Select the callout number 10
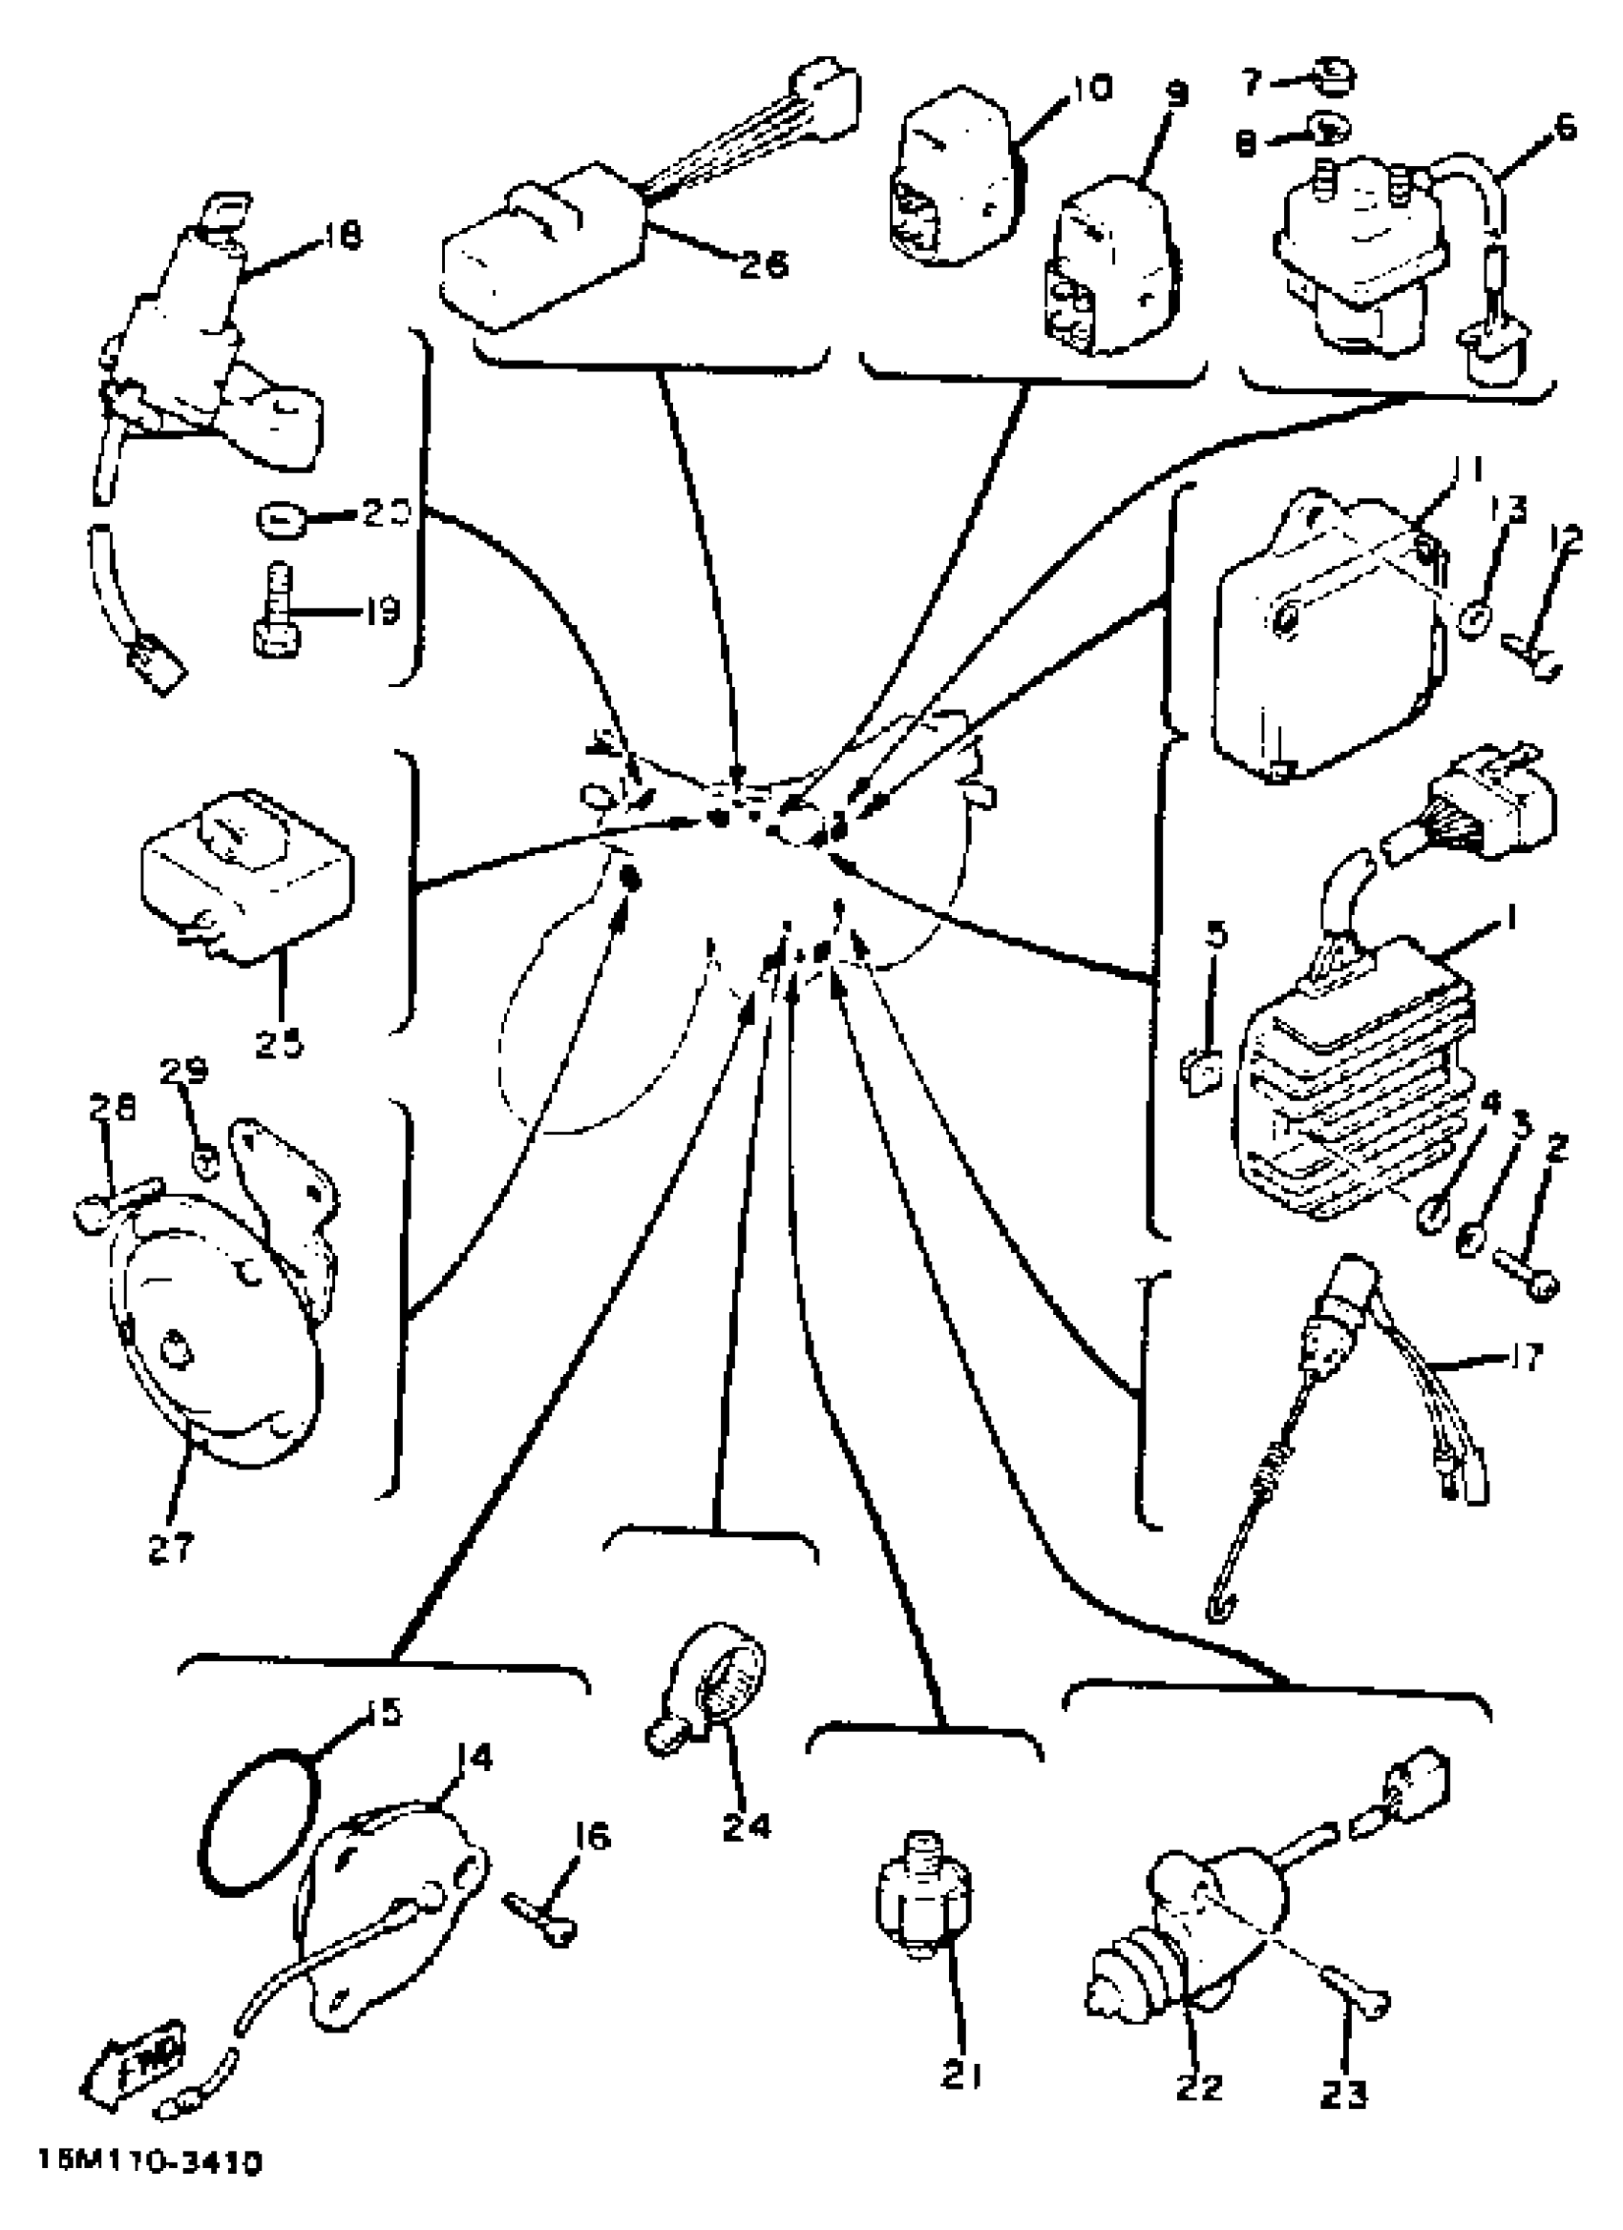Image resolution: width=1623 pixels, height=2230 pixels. coord(1090,89)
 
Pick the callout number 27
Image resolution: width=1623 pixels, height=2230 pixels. coord(172,1549)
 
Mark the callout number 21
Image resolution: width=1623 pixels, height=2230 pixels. coord(961,2075)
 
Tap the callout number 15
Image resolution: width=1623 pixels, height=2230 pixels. coord(383,1713)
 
